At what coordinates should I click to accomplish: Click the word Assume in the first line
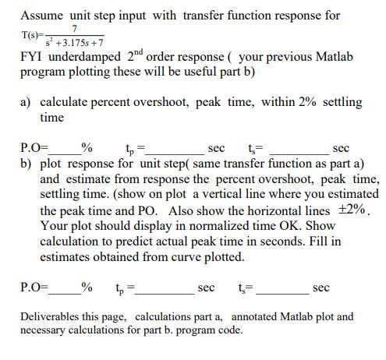point(41,15)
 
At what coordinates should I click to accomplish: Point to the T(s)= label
point(34,35)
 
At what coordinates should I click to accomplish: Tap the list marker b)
point(27,164)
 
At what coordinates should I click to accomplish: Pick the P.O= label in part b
point(33,288)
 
